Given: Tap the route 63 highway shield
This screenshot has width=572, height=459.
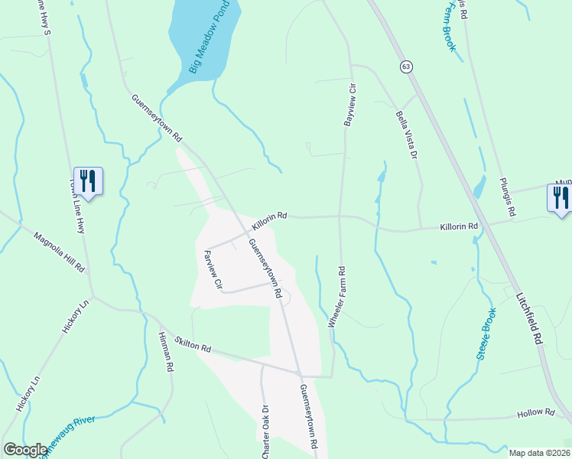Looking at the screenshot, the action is pyautogui.click(x=405, y=67).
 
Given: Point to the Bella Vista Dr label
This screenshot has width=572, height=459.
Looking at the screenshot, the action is pyautogui.click(x=405, y=135).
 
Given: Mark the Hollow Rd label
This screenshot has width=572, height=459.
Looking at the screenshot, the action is pyautogui.click(x=535, y=413).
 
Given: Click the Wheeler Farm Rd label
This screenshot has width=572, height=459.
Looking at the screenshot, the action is pyautogui.click(x=337, y=298).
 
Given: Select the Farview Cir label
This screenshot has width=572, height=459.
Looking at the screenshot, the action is pyautogui.click(x=212, y=270).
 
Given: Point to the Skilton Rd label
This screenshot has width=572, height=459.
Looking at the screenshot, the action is pyautogui.click(x=192, y=343).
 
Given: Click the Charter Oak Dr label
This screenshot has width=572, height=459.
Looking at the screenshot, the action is pyautogui.click(x=265, y=431).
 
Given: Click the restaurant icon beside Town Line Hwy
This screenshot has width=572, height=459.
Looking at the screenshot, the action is pyautogui.click(x=88, y=181).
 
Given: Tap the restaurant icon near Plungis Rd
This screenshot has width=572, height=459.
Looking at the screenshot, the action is pyautogui.click(x=561, y=197).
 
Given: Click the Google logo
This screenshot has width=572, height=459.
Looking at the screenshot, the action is pyautogui.click(x=24, y=451).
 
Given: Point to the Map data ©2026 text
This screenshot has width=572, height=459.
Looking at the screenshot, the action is pyautogui.click(x=538, y=453).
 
